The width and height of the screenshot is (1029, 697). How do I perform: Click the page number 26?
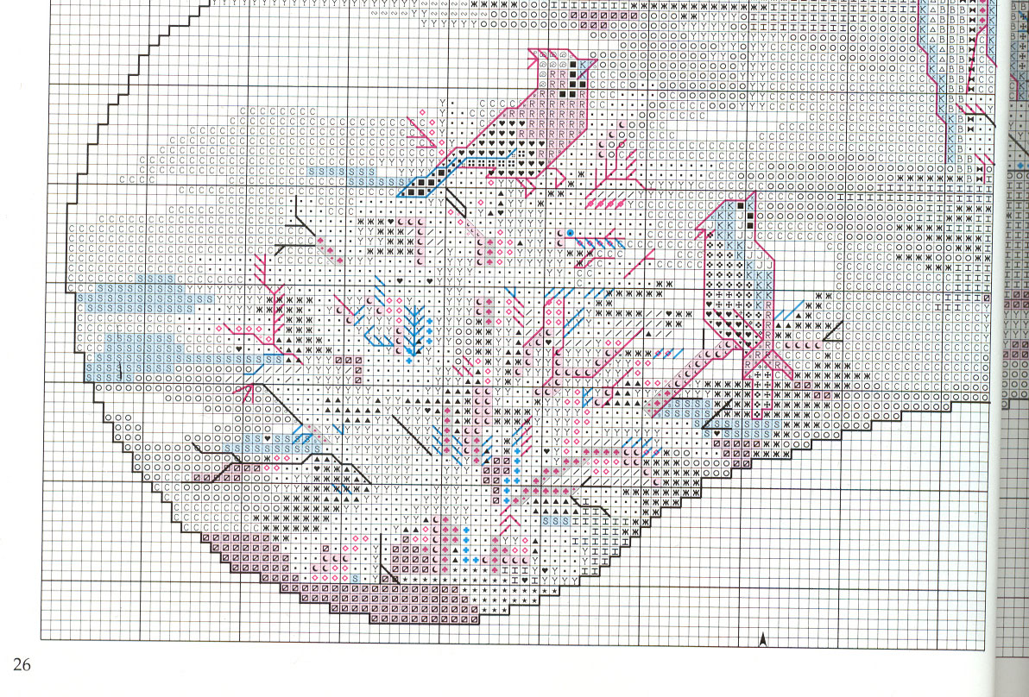[x=22, y=664]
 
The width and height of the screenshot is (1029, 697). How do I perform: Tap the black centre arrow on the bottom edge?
[x=763, y=638]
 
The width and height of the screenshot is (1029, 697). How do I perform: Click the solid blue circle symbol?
[x=570, y=233]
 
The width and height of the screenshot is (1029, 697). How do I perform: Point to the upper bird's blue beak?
[x=586, y=63]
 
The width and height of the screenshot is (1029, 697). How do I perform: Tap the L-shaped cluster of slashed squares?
[x=352, y=366]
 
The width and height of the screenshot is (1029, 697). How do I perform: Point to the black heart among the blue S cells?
[x=266, y=439]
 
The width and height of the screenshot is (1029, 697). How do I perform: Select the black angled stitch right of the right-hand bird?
[x=832, y=331]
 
